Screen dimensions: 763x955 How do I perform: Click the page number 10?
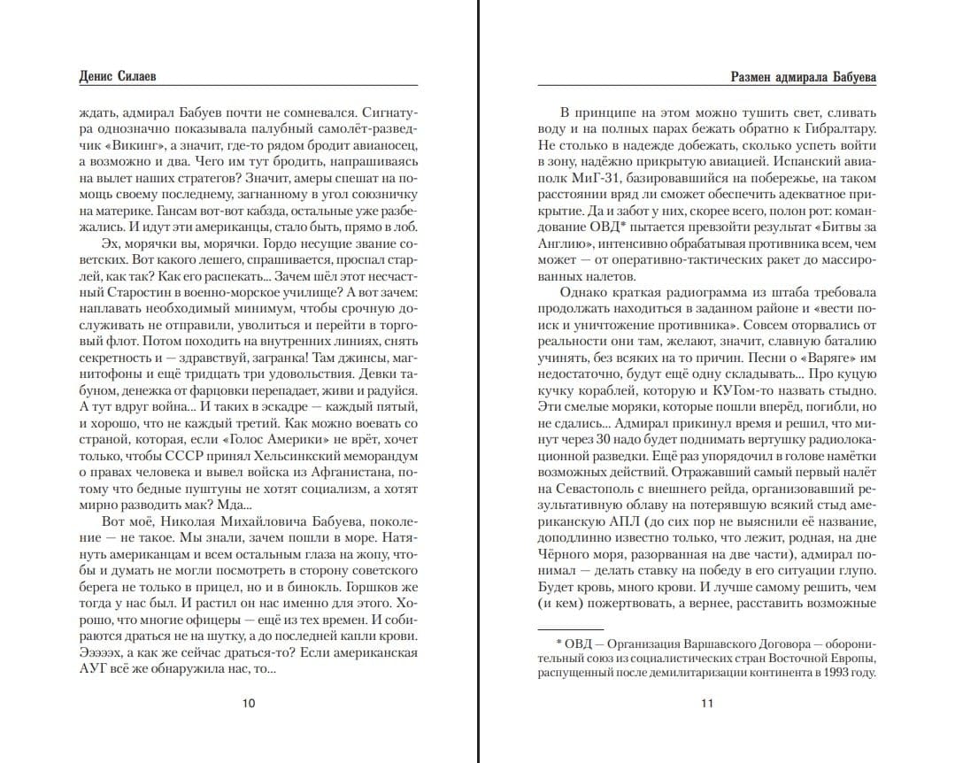[249, 704]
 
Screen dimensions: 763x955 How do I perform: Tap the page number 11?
[706, 704]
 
